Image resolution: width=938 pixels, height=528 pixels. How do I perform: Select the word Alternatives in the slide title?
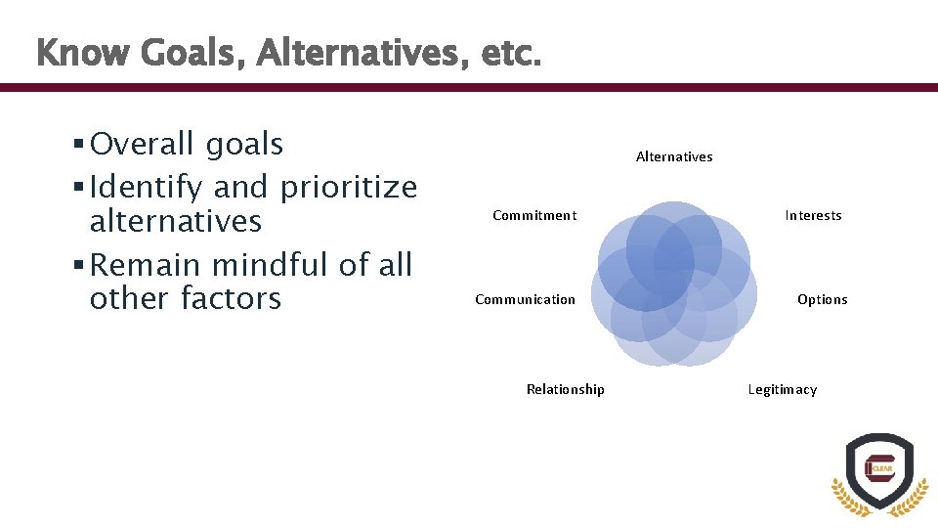363,53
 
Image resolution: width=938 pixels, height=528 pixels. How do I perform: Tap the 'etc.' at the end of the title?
510,53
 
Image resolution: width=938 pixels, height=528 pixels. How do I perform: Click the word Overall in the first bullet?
143,145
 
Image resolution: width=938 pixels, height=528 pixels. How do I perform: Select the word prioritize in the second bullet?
348,187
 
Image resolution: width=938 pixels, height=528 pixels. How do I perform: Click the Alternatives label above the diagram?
674,156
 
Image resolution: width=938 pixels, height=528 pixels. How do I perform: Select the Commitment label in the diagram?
534,215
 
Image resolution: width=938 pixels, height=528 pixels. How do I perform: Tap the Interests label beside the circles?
813,215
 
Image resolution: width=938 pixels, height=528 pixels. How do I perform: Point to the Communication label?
525,299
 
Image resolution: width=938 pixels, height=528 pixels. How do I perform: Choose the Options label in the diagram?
823,299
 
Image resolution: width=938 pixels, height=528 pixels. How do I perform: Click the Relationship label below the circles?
565,389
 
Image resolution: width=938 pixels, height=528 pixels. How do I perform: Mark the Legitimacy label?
782,389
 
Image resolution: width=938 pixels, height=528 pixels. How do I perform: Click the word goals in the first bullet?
244,145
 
